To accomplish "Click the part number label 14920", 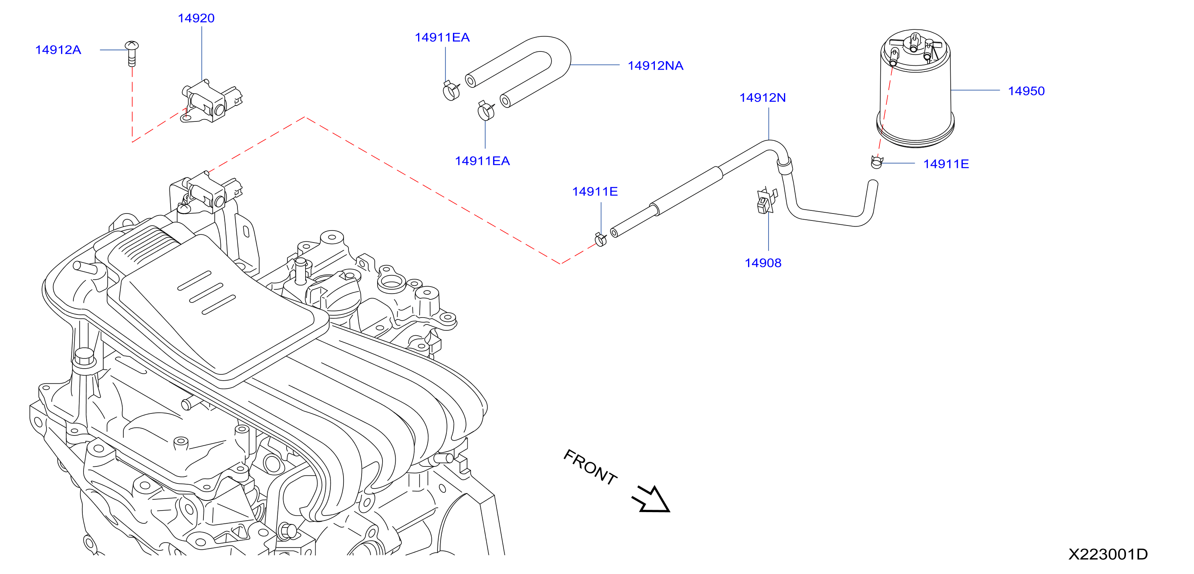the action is coord(196,18).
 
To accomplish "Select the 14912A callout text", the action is coord(58,50).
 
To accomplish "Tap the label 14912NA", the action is coord(655,65).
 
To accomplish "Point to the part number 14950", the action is coord(1026,91).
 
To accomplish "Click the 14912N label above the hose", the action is coord(762,97).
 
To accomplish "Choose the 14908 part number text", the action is coord(763,263).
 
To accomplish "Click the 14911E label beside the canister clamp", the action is coord(946,164).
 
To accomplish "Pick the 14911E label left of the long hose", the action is coord(595,191).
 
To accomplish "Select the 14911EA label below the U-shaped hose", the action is coord(483,161).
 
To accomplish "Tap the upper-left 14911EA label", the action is coord(442,37).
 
